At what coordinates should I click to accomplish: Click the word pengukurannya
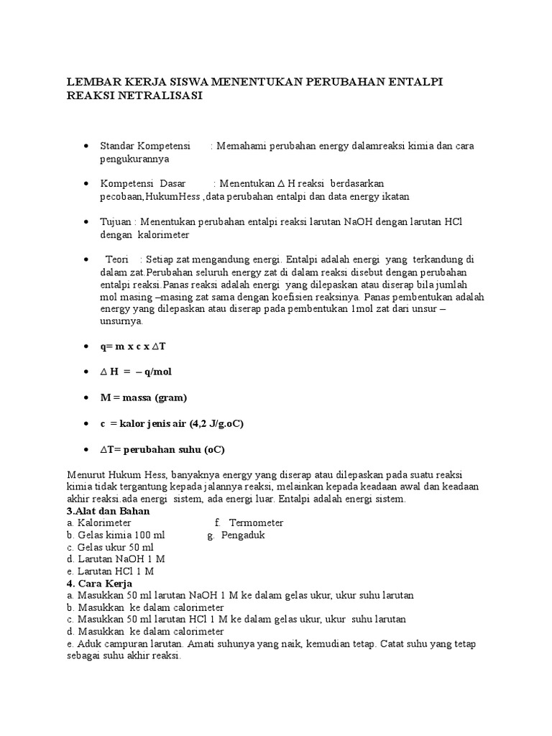coord(134,159)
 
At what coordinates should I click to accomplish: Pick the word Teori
coord(118,259)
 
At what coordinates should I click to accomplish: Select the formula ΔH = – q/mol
coord(136,372)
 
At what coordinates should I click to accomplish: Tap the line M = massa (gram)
coord(144,397)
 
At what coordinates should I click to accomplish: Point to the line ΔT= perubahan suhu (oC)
coord(162,449)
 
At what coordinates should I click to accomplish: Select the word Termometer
coord(256,523)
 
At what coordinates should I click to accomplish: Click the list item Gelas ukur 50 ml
coord(116,547)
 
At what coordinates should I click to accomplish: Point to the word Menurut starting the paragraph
coord(86,475)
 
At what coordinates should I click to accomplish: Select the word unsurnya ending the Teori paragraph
coord(121,322)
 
